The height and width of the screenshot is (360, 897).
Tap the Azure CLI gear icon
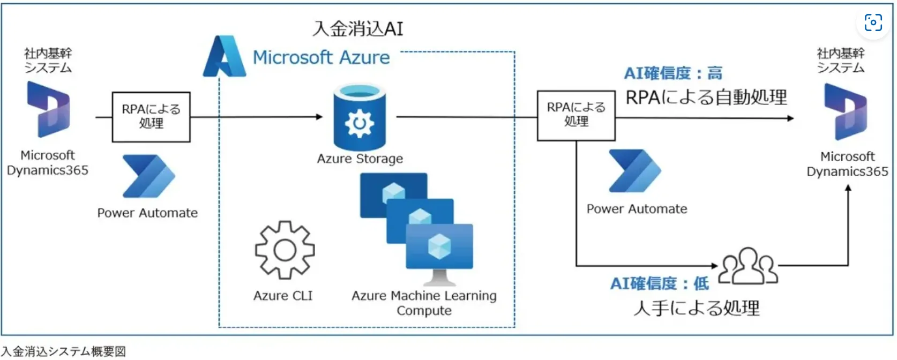coord(285,250)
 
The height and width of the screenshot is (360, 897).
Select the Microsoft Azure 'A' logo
coord(223,57)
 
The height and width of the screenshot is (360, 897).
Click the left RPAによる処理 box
coord(151,117)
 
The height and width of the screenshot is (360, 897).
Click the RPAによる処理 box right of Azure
coord(576,115)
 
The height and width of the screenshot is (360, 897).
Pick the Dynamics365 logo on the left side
coord(48,109)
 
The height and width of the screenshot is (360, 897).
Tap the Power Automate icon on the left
coord(148,176)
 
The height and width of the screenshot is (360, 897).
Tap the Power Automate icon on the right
coord(634,171)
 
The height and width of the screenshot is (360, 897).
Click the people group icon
coord(747,266)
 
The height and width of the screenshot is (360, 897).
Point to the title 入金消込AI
coord(358,28)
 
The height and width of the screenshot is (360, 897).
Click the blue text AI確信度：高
coord(673,73)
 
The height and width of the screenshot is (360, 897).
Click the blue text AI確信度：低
coord(659,283)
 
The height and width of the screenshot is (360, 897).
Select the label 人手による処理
coord(696,308)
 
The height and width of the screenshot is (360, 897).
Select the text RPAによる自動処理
coord(706,97)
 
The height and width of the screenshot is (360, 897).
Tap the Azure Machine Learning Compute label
coord(424,303)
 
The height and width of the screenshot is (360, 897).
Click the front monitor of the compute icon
coord(439,246)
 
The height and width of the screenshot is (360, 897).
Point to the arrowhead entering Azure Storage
coord(320,117)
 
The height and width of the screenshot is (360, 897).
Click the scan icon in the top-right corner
coord(873,22)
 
